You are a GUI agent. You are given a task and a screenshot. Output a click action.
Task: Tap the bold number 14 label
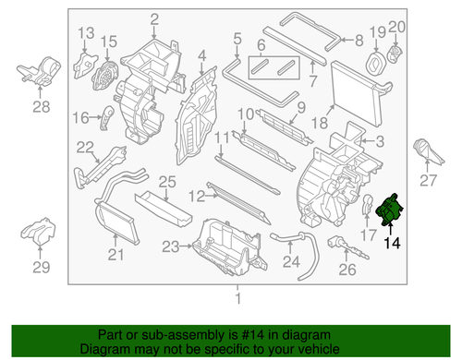[394, 244]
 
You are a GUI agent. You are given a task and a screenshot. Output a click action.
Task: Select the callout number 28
[40, 107]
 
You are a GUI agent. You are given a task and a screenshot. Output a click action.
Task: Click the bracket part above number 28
[40, 71]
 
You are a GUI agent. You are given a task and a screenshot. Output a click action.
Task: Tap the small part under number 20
[396, 53]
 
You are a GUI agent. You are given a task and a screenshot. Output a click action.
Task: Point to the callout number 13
[86, 34]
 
